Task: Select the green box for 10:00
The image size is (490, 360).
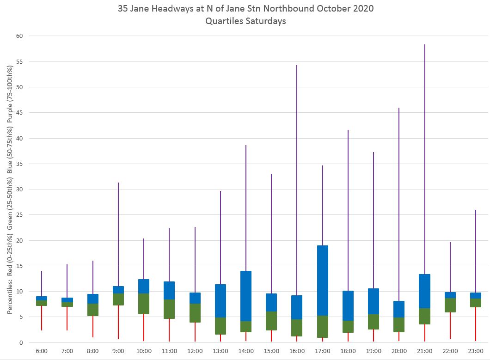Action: pos(144,304)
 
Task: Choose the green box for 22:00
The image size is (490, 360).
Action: pos(450,305)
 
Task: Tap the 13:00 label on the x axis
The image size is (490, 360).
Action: pos(220,351)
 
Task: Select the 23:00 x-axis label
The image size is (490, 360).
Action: pos(476,351)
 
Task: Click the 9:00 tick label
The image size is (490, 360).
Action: pos(118,351)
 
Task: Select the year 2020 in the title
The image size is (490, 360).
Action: pos(363,8)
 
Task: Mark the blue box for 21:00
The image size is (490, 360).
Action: pos(425,291)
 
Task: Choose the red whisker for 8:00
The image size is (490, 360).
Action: pos(92,326)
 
